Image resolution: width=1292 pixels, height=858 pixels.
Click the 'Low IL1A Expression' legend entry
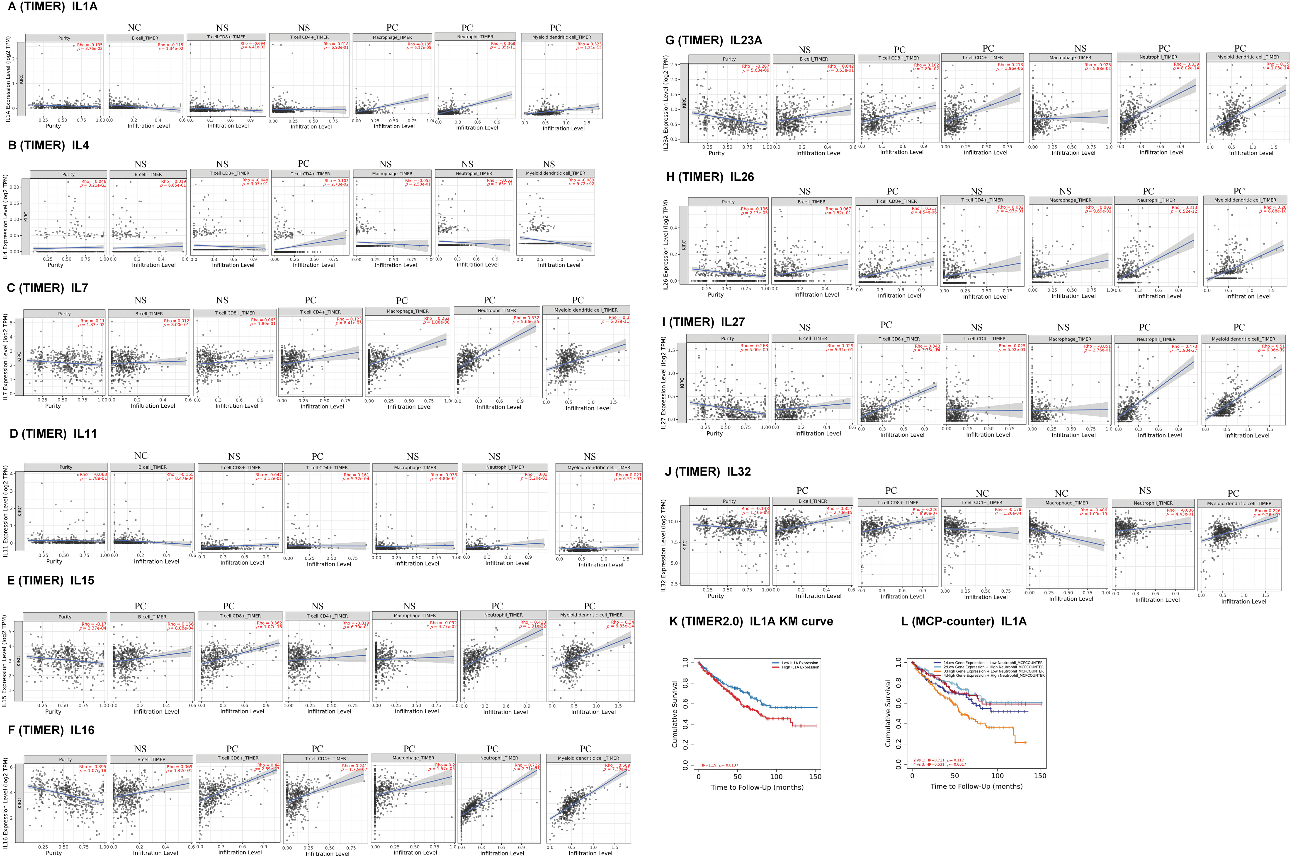pyautogui.click(x=800, y=663)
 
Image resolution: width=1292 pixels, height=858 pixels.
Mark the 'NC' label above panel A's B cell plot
pyautogui.click(x=134, y=27)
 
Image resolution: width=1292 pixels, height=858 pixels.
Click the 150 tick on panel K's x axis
pyautogui.click(x=815, y=776)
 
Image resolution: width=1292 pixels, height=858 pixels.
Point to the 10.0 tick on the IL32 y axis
pyautogui.click(x=675, y=522)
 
